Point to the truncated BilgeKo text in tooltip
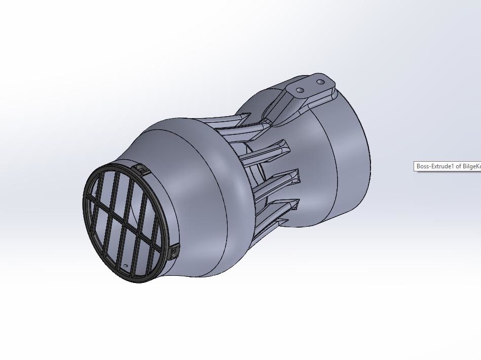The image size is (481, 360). tap(470, 166)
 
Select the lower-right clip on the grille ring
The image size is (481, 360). tap(175, 250)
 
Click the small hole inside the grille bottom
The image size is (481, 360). tap(126, 266)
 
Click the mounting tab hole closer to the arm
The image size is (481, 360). tap(300, 90)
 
